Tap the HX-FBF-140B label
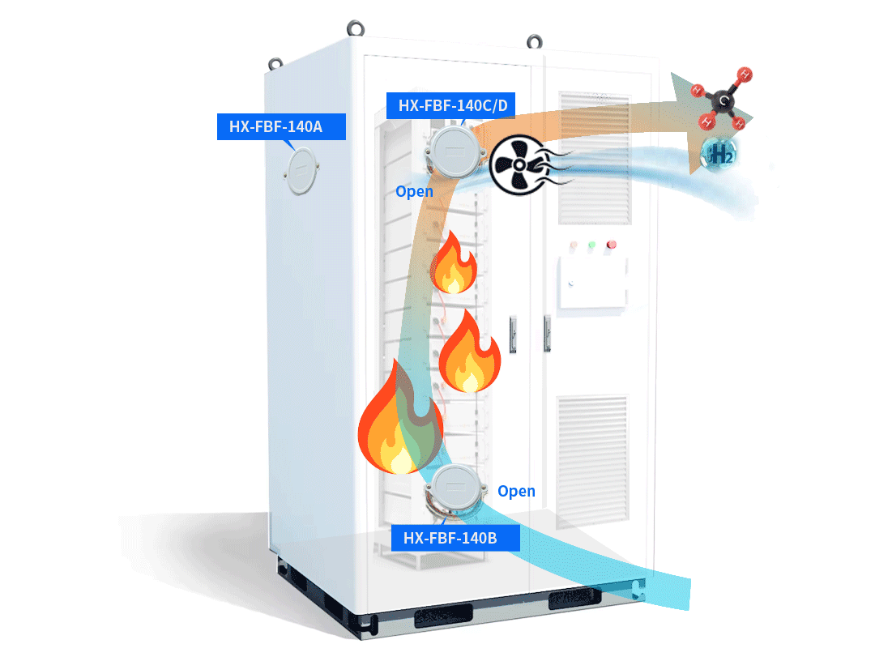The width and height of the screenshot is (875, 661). pyautogui.click(x=455, y=537)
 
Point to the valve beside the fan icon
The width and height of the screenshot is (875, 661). pyautogui.click(x=453, y=151)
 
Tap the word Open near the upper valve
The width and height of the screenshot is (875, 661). pyautogui.click(x=414, y=192)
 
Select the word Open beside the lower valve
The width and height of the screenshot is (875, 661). pyautogui.click(x=516, y=491)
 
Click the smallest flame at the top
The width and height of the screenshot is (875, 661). pyautogui.click(x=454, y=262)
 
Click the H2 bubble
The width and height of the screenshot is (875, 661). pyautogui.click(x=718, y=154)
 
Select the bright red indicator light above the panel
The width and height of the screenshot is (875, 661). pyautogui.click(x=612, y=244)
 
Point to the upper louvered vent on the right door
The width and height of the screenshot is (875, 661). pyautogui.click(x=593, y=157)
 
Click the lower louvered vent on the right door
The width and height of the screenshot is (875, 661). pyautogui.click(x=591, y=458)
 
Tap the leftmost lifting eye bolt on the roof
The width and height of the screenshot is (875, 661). pyautogui.click(x=276, y=62)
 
